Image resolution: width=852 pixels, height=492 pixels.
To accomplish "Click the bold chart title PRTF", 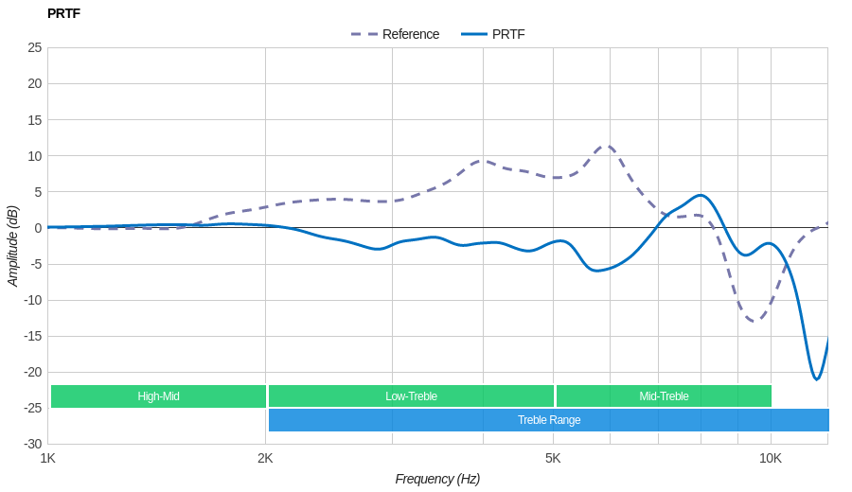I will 63,13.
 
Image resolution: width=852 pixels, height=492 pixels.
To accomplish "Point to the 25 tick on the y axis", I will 34,47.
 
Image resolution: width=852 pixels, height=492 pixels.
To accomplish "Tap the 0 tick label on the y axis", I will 38,228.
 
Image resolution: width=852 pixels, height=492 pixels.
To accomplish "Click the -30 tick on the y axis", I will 33,444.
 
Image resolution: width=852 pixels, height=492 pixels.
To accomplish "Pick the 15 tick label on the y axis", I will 34,119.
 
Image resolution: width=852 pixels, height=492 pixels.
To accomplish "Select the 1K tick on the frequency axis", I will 48,458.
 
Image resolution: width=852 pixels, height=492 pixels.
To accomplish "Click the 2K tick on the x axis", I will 265,458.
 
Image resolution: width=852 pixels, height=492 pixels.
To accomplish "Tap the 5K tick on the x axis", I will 553,458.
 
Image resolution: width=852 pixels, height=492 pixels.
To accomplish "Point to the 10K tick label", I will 771,458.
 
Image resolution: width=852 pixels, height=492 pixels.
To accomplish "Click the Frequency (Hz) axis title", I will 437,479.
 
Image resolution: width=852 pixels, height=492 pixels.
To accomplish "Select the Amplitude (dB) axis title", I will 13,246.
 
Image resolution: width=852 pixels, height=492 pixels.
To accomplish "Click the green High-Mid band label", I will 158,396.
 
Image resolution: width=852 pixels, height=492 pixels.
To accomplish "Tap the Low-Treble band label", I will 411,396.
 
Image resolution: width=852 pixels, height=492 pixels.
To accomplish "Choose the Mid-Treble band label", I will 664,396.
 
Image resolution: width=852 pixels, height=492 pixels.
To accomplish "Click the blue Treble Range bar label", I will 549,420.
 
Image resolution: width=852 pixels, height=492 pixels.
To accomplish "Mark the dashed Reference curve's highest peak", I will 607,146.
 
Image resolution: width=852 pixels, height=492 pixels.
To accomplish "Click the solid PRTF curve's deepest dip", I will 816,379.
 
